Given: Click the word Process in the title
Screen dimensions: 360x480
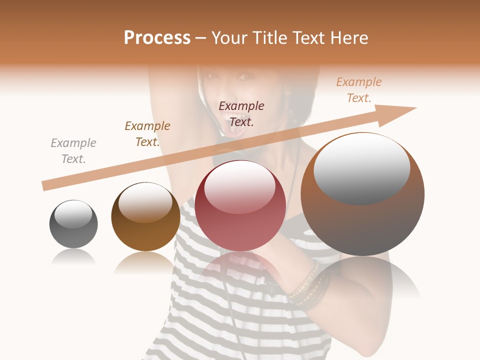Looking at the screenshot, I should tap(157, 38).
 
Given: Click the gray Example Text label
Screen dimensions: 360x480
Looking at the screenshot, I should tap(73, 151).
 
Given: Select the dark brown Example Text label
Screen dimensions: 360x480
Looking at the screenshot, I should tap(147, 134).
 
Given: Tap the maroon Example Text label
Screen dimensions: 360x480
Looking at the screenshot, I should tap(241, 113).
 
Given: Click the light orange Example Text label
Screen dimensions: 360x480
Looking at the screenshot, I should tap(359, 90).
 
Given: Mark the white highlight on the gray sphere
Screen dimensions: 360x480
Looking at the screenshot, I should tap(73, 214).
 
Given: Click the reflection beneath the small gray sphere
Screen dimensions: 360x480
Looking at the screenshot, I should tap(73, 257).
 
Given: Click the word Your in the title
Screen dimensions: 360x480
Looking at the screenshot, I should tap(230, 38).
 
